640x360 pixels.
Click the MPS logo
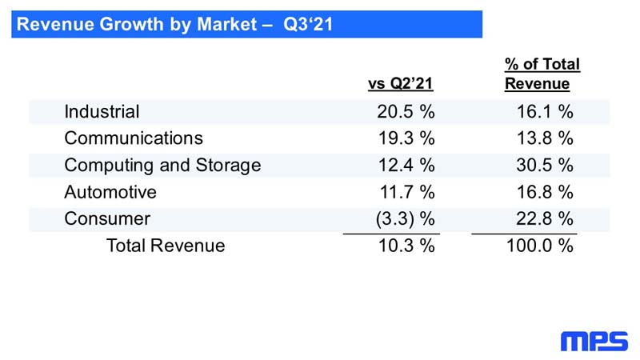[594, 342]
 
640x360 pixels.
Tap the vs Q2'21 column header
[401, 83]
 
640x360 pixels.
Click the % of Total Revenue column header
[542, 74]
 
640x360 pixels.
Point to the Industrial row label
[102, 111]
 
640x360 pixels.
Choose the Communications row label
[134, 138]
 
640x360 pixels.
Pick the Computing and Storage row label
[162, 166]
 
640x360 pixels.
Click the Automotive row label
[110, 192]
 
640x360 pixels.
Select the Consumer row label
[107, 218]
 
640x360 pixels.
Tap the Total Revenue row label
[166, 246]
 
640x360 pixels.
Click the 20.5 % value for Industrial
[406, 111]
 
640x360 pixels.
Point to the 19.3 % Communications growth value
[406, 138]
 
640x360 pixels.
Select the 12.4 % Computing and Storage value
[406, 166]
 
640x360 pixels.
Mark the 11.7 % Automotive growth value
[407, 192]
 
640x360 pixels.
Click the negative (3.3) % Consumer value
[405, 218]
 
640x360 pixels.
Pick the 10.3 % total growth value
[406, 246]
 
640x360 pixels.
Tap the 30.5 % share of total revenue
[545, 166]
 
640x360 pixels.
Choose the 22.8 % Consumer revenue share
[545, 218]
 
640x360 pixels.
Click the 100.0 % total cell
[539, 246]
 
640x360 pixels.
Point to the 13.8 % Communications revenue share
[545, 138]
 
